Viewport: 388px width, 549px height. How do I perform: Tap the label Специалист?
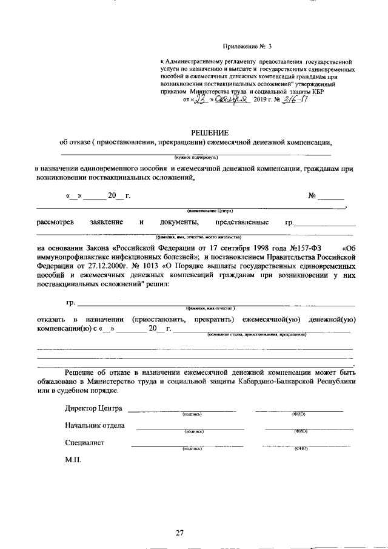pyautogui.click(x=85, y=442)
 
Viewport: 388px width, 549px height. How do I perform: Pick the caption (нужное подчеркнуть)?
pyautogui.click(x=194, y=157)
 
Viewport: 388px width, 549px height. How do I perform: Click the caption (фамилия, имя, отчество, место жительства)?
pyautogui.click(x=198, y=236)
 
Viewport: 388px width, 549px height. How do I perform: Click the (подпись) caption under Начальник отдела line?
pyautogui.click(x=194, y=431)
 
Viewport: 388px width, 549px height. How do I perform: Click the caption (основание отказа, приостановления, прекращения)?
pyautogui.click(x=257, y=334)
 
